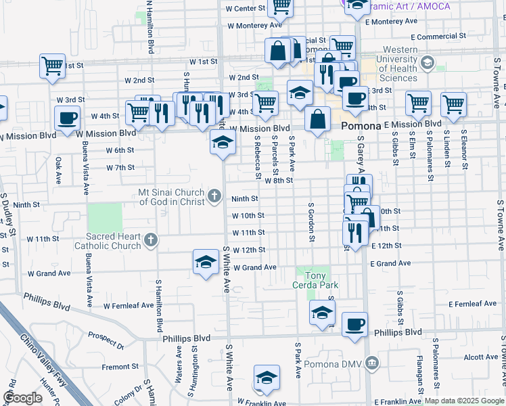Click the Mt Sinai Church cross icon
pos(214,196)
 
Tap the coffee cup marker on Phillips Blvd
pos(354,325)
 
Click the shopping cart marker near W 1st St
pos(52,66)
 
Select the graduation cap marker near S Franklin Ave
pos(267,378)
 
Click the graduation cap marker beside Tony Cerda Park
pos(322,311)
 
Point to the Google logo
pos(22,398)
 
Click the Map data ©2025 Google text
pos(464,401)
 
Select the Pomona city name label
pos(361,126)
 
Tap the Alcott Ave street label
pos(480,357)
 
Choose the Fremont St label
pos(120,367)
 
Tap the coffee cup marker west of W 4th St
pos(67,118)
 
